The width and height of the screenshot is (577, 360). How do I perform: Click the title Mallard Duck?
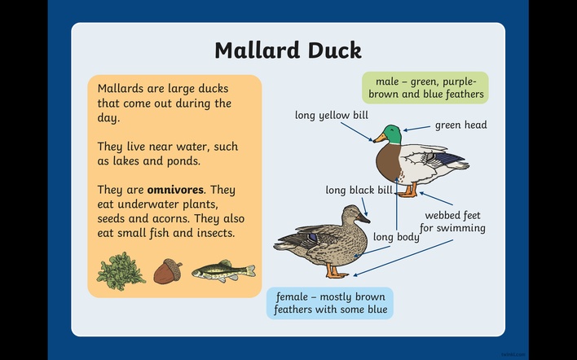pos(288,50)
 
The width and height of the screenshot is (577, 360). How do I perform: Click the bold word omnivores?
pos(175,190)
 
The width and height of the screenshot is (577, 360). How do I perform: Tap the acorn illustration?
pos(167,271)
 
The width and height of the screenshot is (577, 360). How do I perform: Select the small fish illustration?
pos(224,271)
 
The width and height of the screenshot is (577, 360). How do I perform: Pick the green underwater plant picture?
pos(121,271)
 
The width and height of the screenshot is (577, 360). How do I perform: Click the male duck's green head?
pos(392,134)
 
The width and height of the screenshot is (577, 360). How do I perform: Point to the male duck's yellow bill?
pos(380,138)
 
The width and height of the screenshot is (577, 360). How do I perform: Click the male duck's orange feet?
pos(408,191)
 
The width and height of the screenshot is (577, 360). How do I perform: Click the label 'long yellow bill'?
pos(332,116)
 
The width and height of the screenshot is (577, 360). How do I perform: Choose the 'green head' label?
pos(461,125)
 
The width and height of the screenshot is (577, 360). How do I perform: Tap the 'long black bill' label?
pos(359,190)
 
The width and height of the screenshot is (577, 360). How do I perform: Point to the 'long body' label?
pos(396,237)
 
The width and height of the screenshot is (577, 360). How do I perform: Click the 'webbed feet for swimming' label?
pos(452,222)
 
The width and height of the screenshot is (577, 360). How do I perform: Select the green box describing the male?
pos(425,87)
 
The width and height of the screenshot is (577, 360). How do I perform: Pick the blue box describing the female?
pos(330,303)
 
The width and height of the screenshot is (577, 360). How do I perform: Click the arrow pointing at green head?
pos(416,128)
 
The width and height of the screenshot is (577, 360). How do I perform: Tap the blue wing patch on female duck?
pos(312,237)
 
